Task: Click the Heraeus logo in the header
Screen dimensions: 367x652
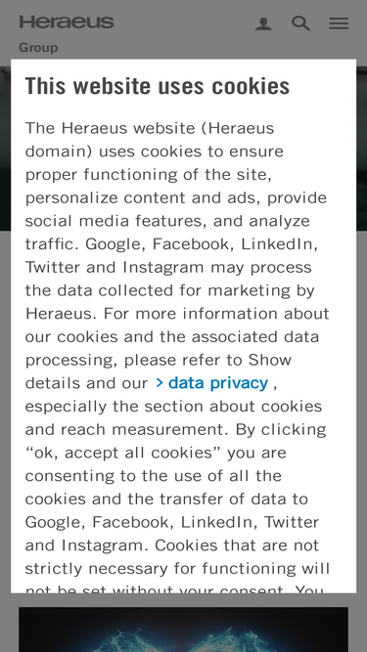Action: point(67,22)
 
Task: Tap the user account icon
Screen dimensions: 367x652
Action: point(263,23)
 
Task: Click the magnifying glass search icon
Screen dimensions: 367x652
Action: point(300,23)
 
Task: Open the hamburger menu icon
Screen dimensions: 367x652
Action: point(339,23)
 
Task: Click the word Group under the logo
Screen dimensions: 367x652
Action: point(38,47)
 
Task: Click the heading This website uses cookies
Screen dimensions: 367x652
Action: point(158,86)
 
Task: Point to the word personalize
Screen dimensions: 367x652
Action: point(69,197)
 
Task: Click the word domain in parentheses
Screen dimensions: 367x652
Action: point(59,152)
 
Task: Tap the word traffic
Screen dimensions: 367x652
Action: point(51,244)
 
